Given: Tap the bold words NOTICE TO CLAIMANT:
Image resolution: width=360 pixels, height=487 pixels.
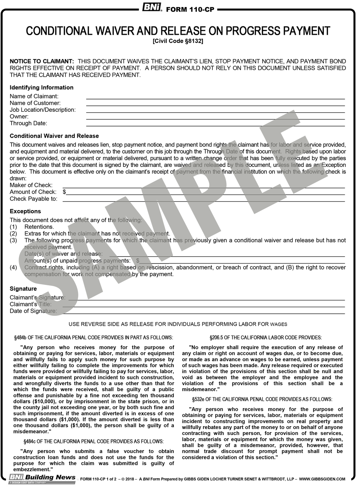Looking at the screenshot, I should [42, 61].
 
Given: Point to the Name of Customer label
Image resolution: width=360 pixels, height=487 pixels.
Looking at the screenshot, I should [35, 103].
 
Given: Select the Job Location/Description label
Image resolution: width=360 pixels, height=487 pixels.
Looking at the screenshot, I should [43, 110].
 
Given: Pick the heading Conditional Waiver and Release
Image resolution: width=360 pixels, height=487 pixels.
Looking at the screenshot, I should [54, 136].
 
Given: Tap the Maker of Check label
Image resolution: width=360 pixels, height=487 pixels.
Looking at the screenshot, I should [31, 185].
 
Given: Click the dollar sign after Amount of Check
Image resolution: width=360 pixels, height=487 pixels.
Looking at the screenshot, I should [64, 192].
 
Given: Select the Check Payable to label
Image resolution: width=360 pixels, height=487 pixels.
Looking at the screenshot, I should [33, 199].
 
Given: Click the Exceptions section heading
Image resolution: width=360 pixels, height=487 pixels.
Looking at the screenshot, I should [25, 211].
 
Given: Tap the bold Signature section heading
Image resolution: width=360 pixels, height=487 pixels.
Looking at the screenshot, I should [23, 288].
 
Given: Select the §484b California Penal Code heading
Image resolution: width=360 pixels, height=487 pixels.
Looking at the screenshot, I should [93, 338].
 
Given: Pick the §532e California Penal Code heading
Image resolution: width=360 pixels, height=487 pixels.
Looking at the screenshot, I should [262, 400].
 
